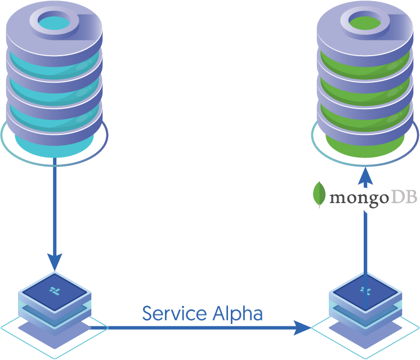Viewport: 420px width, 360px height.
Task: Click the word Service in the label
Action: [x=167, y=313]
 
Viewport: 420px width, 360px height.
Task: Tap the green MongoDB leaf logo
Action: [x=320, y=194]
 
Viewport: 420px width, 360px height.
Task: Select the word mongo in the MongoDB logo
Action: [x=355, y=198]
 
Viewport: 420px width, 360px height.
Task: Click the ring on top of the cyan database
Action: [x=55, y=20]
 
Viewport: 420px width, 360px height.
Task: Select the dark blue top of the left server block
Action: [x=55, y=289]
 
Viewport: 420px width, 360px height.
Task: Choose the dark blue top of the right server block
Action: [x=366, y=290]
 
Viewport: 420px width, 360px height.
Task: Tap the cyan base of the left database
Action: [x=55, y=146]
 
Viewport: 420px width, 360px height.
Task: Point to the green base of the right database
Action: [x=366, y=147]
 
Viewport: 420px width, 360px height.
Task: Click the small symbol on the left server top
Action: [x=55, y=290]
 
